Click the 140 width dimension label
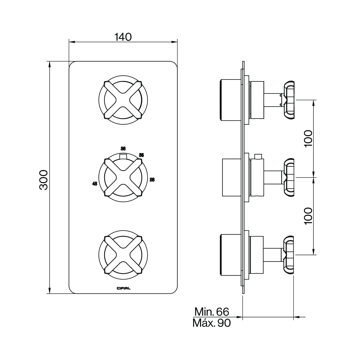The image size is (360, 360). pos(123,37)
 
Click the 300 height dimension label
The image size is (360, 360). pos(44,180)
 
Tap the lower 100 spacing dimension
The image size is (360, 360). pos(308,216)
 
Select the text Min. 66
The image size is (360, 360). pos(212,312)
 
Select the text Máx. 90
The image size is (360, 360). pos(212,323)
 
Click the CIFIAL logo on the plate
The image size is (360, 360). pos(123,288)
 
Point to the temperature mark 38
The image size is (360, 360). pos(123,149)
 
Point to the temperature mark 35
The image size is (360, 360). pos(141,155)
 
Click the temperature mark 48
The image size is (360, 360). pos(94,183)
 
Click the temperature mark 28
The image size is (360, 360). pos(152,180)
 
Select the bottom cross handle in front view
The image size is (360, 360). pos(123,254)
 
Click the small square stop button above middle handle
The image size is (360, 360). pos(123,157)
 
